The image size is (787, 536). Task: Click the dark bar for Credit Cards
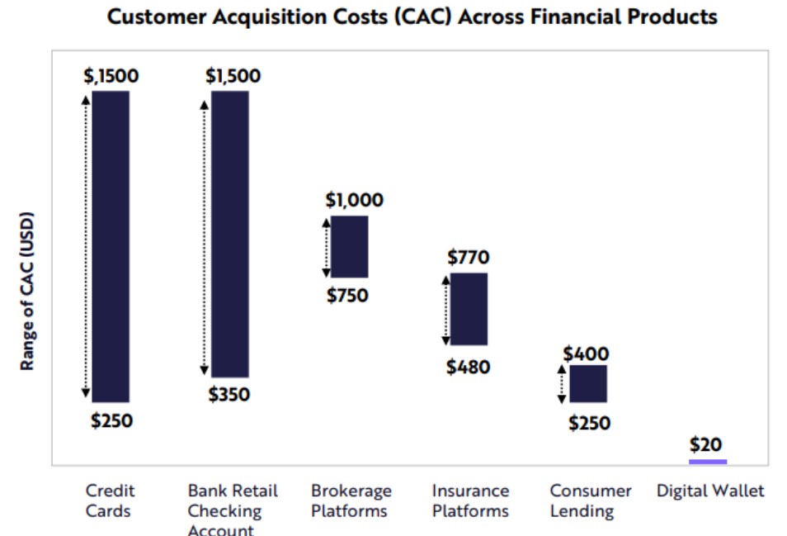(x=111, y=246)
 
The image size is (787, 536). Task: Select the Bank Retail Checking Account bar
(x=230, y=234)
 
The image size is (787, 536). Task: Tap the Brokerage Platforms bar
(x=349, y=247)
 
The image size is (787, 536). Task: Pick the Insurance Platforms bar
(x=469, y=309)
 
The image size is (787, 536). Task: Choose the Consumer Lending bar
(x=588, y=384)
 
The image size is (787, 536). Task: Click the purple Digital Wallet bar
(x=708, y=462)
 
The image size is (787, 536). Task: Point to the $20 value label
(x=705, y=444)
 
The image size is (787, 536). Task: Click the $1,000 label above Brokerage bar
(x=355, y=200)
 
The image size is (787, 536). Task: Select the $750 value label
(x=347, y=296)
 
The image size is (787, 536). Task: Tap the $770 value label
(x=469, y=257)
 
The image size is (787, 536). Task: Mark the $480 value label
(x=469, y=368)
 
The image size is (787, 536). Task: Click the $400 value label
(x=586, y=353)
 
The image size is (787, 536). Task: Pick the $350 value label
(x=229, y=394)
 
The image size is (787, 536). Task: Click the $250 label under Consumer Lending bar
(x=589, y=423)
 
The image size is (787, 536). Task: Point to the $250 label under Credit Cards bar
(x=111, y=420)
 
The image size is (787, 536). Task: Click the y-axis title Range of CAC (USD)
(x=27, y=292)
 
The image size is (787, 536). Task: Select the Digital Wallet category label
(x=710, y=491)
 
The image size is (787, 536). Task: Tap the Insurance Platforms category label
(x=470, y=500)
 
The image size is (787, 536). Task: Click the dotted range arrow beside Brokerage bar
(x=326, y=248)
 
